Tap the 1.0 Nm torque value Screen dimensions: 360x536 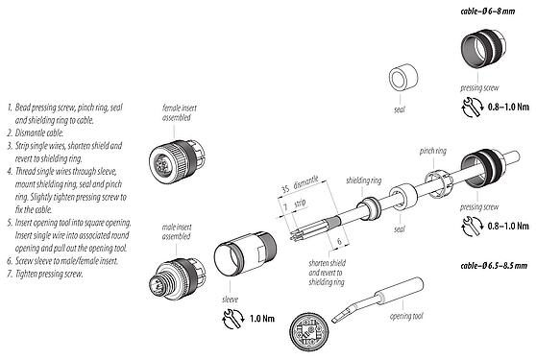[264, 318]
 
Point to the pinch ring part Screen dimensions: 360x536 [433, 181]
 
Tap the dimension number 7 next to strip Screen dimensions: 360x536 [285, 207]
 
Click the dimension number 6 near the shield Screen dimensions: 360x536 [339, 243]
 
